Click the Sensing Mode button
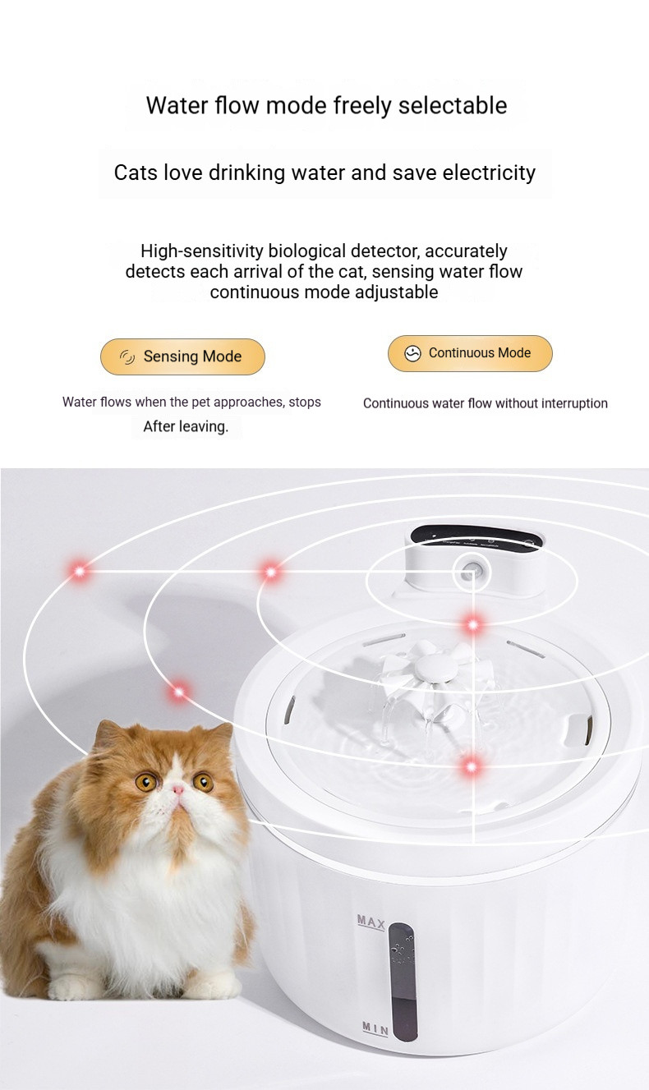pos(182,356)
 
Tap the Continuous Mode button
pos(470,353)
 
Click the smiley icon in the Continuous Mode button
pos(412,353)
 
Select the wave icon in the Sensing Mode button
pos(127,357)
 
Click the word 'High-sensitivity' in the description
pos(202,251)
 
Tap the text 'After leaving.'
pos(186,427)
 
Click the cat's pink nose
pos(178,789)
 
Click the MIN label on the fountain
pos(375,1028)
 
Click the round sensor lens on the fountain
pos(472,569)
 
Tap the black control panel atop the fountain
pos(476,537)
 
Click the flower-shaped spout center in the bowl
pos(437,665)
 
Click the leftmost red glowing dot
pos(80,571)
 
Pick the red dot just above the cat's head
pos(179,692)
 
